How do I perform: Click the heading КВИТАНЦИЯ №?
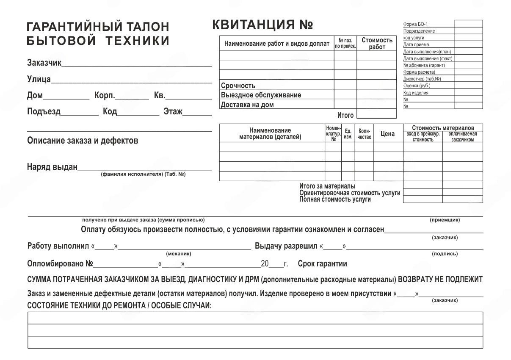click(x=262, y=25)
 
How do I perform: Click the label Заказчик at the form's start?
click(x=44, y=63)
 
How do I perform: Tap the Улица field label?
click(x=39, y=79)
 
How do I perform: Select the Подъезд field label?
click(x=44, y=111)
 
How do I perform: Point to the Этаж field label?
click(x=173, y=111)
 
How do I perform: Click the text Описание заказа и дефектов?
click(x=83, y=141)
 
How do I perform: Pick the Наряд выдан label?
click(x=52, y=166)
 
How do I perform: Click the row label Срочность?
click(x=238, y=86)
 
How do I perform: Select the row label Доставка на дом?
click(x=247, y=105)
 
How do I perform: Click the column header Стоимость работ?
click(x=377, y=44)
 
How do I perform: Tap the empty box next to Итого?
click(x=376, y=114)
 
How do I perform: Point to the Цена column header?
click(x=387, y=134)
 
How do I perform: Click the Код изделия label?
click(x=416, y=93)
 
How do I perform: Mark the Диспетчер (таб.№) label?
click(x=422, y=79)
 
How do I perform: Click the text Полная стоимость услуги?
click(x=335, y=199)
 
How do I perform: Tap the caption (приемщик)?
click(x=445, y=220)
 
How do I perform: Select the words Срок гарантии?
click(x=322, y=264)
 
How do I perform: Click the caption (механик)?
click(x=179, y=254)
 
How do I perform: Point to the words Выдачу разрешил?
click(x=286, y=246)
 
